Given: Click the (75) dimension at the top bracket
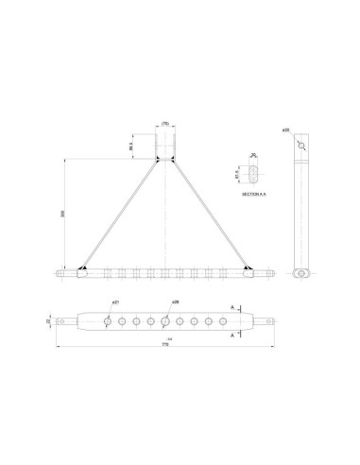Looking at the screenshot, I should tap(163, 123).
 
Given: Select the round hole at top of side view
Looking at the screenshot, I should tap(301, 146).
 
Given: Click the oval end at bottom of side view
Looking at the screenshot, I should tap(301, 272).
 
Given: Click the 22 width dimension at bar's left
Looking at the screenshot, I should tap(50, 322).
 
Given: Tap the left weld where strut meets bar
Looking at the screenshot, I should tap(82, 268).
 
